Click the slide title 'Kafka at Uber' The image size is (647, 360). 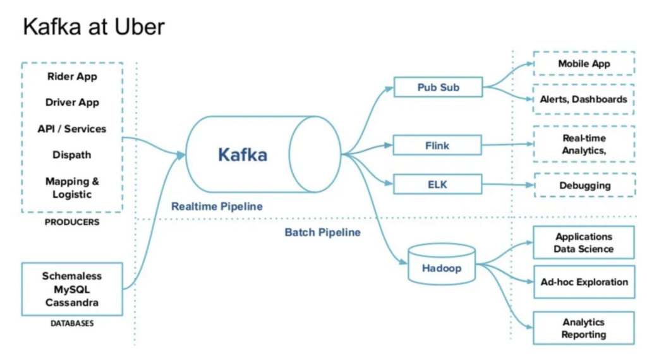click(94, 27)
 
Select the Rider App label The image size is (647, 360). click(72, 76)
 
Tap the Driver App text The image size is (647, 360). click(72, 102)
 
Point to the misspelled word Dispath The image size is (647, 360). click(72, 155)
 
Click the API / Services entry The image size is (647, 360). click(72, 129)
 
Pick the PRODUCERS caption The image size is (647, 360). click(72, 222)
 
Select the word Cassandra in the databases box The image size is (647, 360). click(72, 303)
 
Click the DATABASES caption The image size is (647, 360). click(72, 323)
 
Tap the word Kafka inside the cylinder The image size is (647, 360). click(243, 155)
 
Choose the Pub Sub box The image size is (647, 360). click(438, 87)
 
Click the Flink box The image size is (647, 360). click(437, 146)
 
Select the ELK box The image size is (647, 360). click(437, 185)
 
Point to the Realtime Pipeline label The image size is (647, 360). click(217, 207)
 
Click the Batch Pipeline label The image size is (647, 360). click(322, 232)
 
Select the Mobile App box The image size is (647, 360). click(584, 64)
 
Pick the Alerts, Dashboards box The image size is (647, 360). click(583, 99)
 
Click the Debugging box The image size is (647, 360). click(584, 186)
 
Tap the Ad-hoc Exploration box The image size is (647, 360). click(584, 282)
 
